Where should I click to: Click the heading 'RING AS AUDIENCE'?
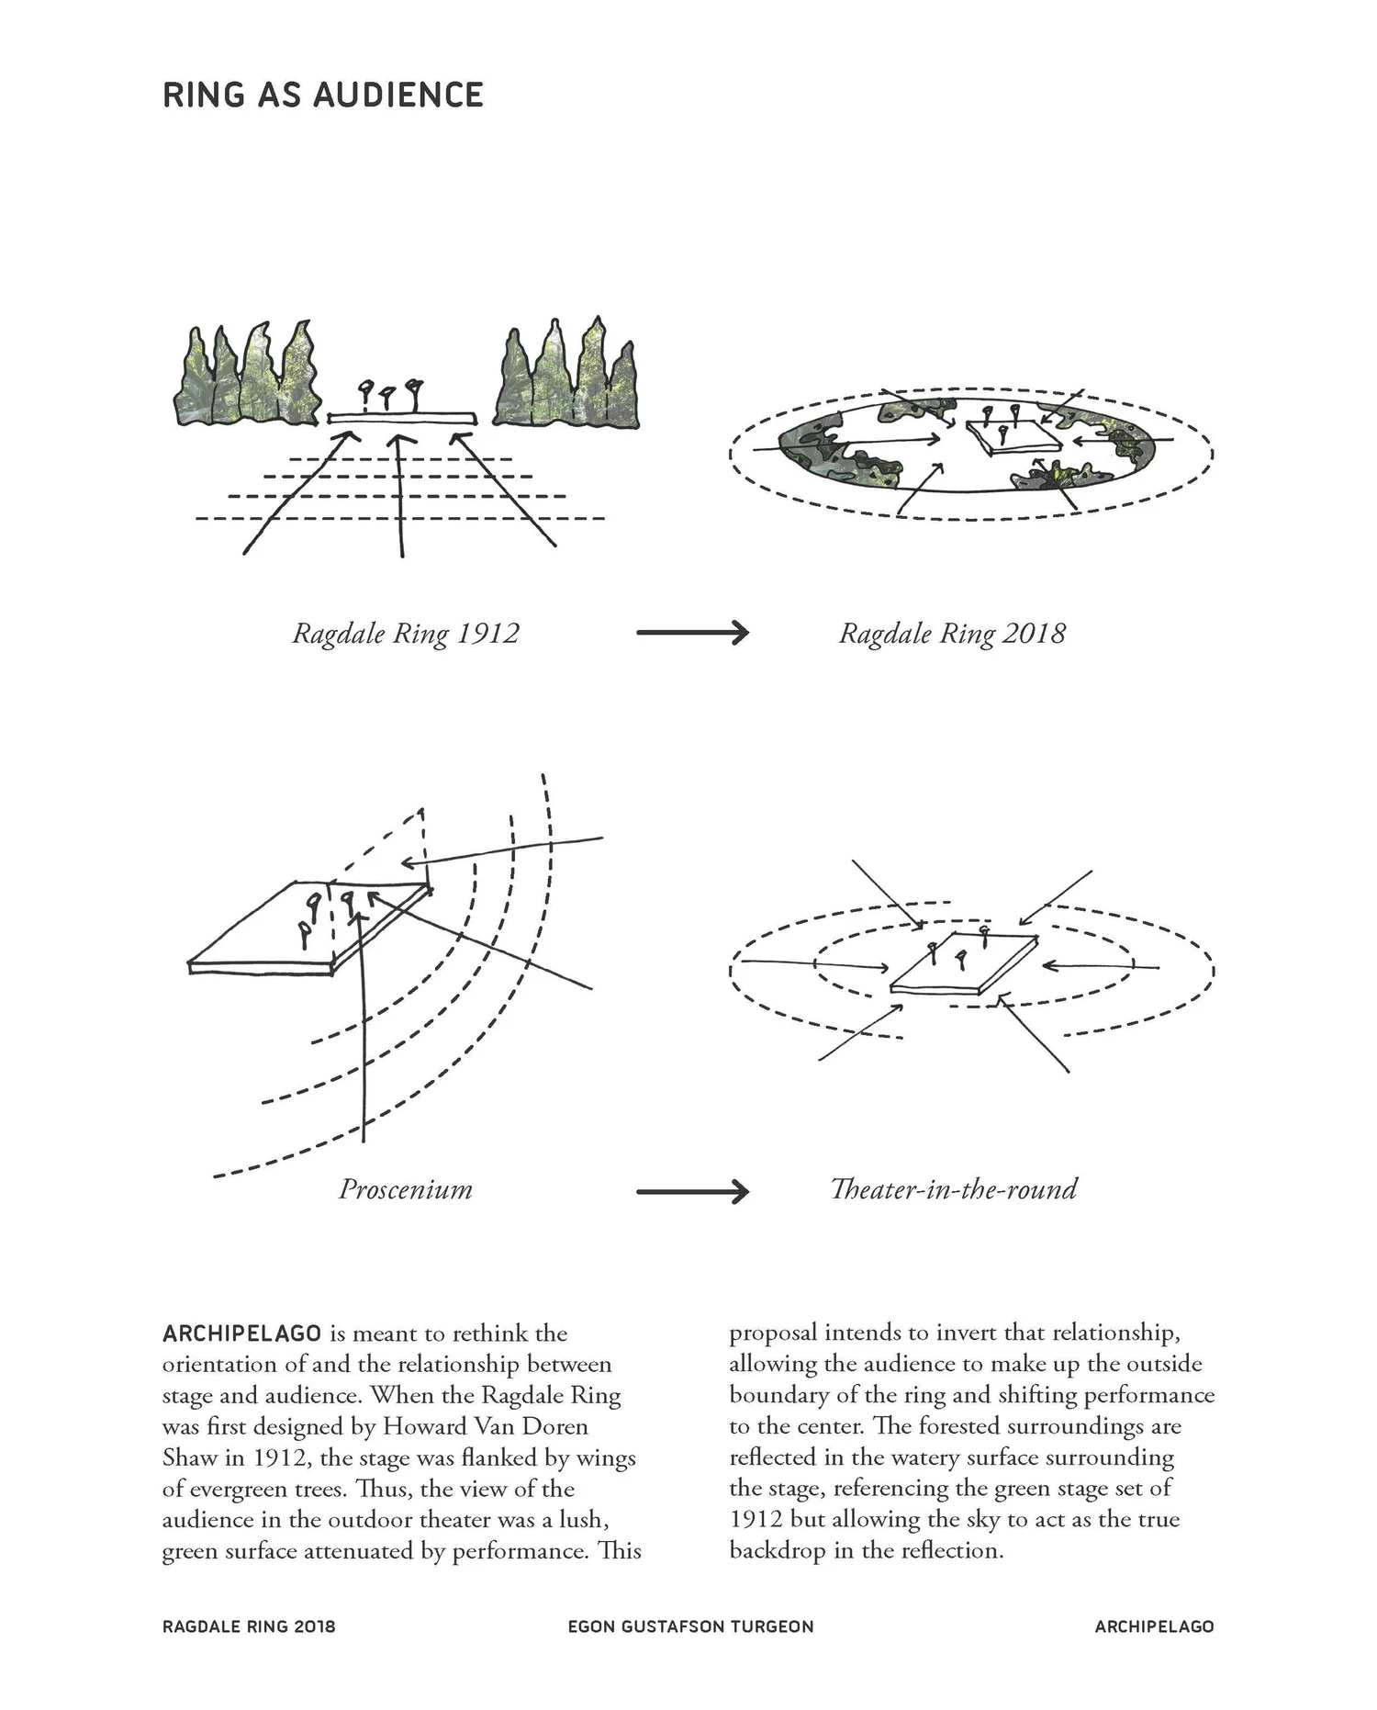[322, 96]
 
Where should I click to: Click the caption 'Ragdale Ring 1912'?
[405, 634]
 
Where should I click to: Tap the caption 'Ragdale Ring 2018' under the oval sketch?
[952, 634]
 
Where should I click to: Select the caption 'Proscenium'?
[405, 1189]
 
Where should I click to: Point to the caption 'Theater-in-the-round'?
[953, 1189]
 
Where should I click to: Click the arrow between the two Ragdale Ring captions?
[692, 633]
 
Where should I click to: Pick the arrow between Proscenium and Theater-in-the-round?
[692, 1192]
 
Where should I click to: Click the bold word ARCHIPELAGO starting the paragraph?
[241, 1333]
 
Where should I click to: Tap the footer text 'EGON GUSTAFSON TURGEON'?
[690, 1626]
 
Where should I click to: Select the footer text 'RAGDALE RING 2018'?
[249, 1626]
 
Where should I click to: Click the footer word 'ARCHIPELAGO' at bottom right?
[1154, 1626]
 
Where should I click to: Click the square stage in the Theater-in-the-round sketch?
[964, 964]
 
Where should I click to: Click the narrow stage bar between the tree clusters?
[402, 418]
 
